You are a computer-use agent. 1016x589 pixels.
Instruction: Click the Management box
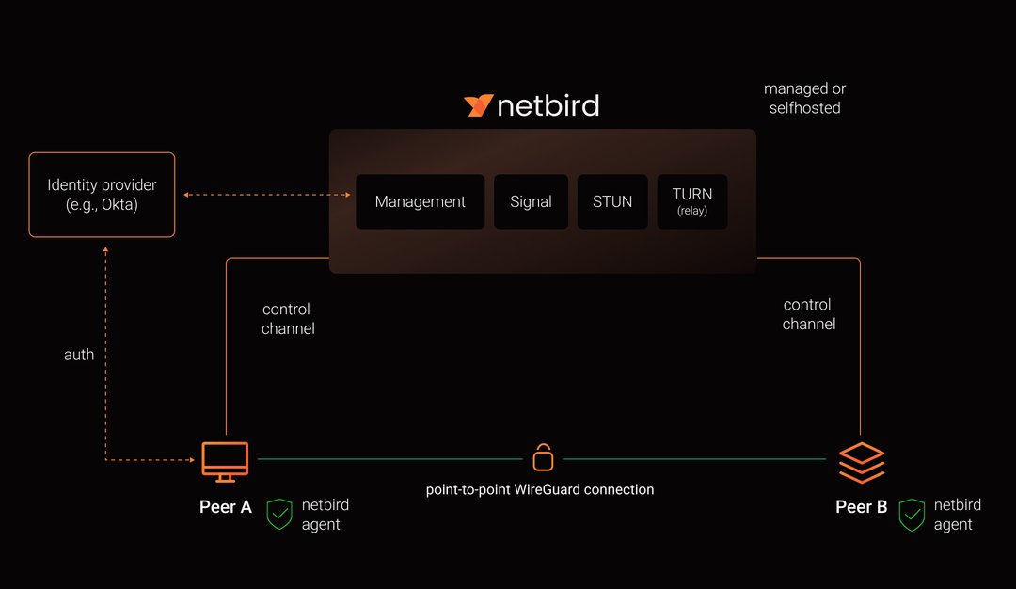(420, 201)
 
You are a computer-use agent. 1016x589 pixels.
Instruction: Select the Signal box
(531, 201)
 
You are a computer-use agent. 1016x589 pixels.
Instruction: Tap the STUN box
(612, 201)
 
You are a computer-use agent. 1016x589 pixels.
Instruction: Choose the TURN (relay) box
(691, 201)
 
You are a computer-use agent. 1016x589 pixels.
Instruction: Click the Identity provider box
(102, 195)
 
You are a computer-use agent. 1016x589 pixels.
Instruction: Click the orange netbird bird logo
(479, 105)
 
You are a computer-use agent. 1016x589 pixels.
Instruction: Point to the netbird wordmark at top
(548, 105)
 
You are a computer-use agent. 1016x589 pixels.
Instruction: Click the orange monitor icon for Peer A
(226, 461)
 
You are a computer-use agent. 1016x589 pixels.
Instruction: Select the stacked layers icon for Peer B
(862, 462)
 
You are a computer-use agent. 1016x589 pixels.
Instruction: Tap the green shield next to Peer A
(279, 514)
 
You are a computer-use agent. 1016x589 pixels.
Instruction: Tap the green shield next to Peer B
(912, 515)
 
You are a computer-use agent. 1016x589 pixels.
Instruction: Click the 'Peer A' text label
(226, 507)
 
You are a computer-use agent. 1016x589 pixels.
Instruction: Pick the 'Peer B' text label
(861, 507)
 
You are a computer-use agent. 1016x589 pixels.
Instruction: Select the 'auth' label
(79, 355)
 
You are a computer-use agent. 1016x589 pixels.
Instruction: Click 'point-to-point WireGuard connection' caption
(539, 489)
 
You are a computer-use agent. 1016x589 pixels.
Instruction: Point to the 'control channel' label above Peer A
(288, 319)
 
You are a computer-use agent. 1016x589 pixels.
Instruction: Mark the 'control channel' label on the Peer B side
(808, 314)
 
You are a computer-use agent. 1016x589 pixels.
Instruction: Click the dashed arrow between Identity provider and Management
(267, 195)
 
